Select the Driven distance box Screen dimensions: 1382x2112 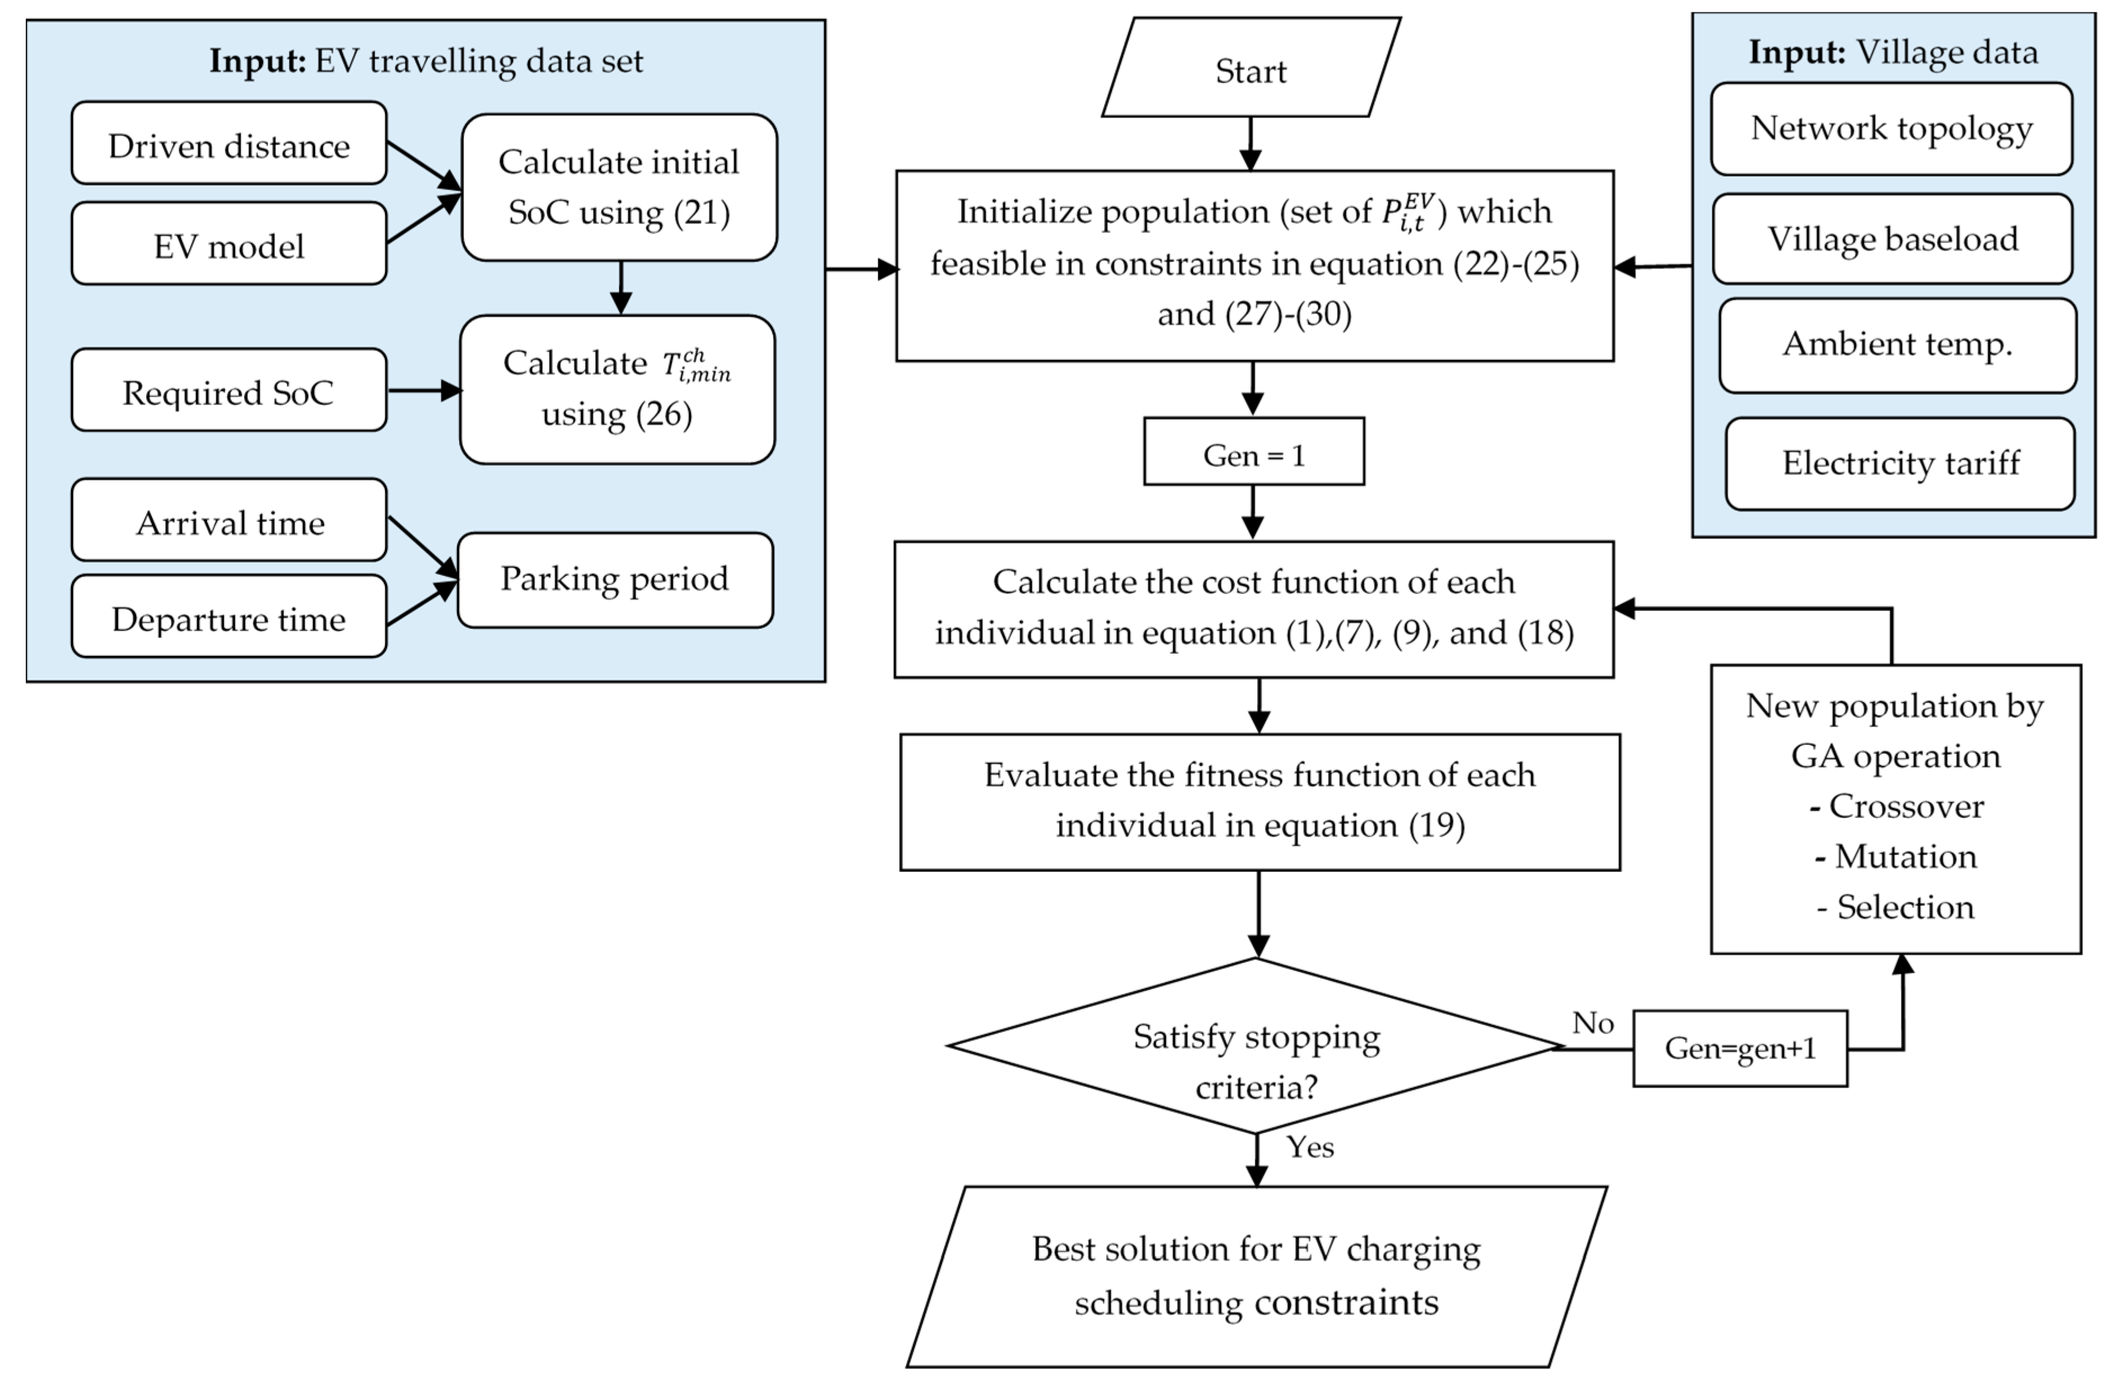click(229, 143)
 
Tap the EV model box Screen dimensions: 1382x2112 click(229, 244)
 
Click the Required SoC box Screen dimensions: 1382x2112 click(229, 390)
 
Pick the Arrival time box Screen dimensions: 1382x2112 click(229, 521)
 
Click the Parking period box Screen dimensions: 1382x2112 click(615, 580)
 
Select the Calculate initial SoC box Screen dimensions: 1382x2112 click(618, 187)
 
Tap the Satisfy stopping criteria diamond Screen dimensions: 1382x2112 click(1255, 1047)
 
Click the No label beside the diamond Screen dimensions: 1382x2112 click(1593, 1023)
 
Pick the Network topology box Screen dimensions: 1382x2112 click(1891, 129)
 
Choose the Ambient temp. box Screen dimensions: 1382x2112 click(1897, 345)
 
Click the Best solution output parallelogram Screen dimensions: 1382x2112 click(1255, 1276)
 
